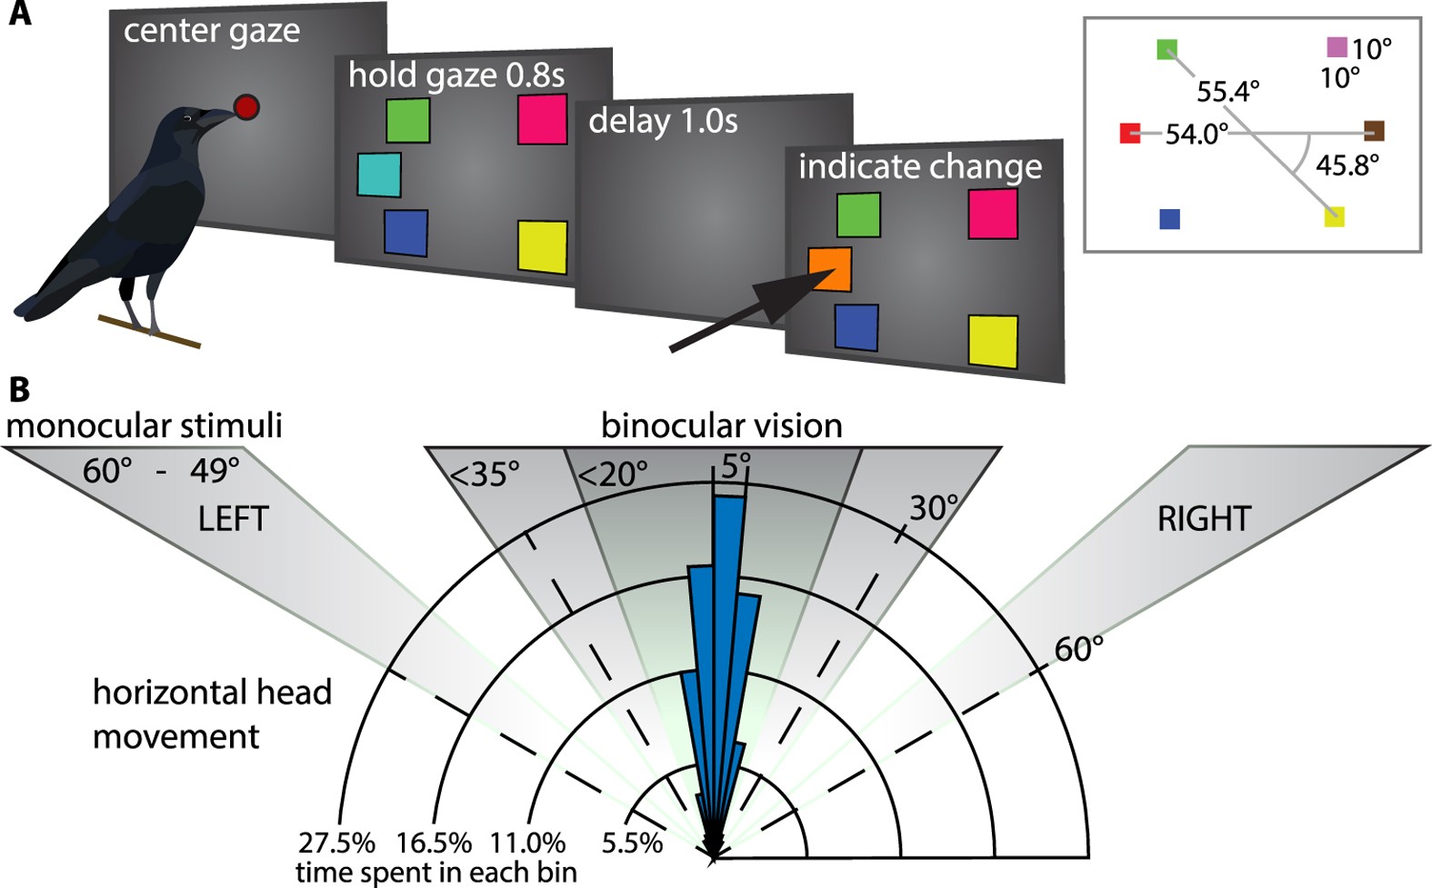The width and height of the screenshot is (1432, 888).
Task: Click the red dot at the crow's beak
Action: click(x=245, y=107)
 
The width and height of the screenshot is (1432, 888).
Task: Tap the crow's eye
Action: click(x=187, y=119)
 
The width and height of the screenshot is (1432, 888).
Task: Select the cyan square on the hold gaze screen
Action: click(x=378, y=175)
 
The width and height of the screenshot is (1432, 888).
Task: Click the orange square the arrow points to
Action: click(x=830, y=269)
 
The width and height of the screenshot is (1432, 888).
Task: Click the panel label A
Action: click(x=19, y=15)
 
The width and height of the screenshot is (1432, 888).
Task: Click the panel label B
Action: click(x=19, y=389)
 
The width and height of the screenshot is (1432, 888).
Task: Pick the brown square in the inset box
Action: click(x=1373, y=131)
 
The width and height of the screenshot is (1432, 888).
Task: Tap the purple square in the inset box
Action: click(x=1336, y=46)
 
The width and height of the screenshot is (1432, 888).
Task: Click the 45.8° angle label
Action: click(x=1347, y=165)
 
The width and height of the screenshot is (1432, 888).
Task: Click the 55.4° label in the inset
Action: click(x=1227, y=92)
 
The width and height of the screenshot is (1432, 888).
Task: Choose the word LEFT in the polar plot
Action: click(x=234, y=519)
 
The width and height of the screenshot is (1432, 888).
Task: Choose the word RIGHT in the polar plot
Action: click(x=1204, y=519)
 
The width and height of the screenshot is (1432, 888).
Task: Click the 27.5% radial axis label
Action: click(x=336, y=843)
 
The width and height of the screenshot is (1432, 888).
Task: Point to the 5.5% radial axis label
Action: click(x=632, y=843)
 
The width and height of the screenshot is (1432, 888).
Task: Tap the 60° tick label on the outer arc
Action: click(x=1078, y=649)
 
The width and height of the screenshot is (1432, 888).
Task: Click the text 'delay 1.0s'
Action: click(x=663, y=121)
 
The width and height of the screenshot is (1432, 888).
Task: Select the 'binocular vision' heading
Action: click(x=721, y=425)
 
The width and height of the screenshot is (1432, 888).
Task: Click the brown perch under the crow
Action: click(x=149, y=332)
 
